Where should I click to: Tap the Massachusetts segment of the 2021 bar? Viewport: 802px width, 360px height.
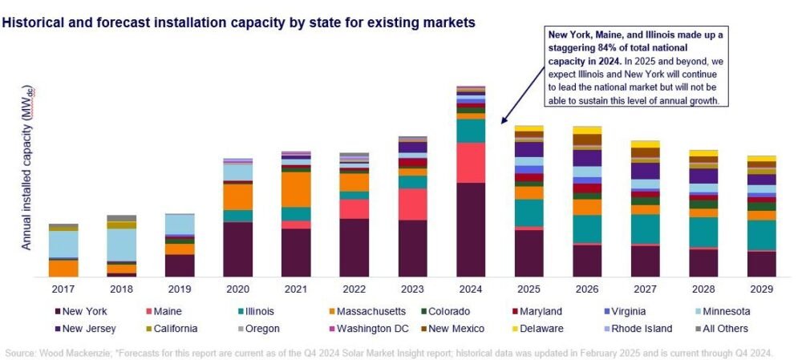pyautogui.click(x=296, y=189)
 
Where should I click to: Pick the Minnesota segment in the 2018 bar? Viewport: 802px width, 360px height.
pyautogui.click(x=121, y=245)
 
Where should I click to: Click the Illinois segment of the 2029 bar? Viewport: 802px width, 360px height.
pyautogui.click(x=762, y=235)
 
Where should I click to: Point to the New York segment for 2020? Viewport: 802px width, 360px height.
pyautogui.click(x=237, y=249)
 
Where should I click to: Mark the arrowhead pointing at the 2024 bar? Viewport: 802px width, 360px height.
pyautogui.click(x=503, y=122)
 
